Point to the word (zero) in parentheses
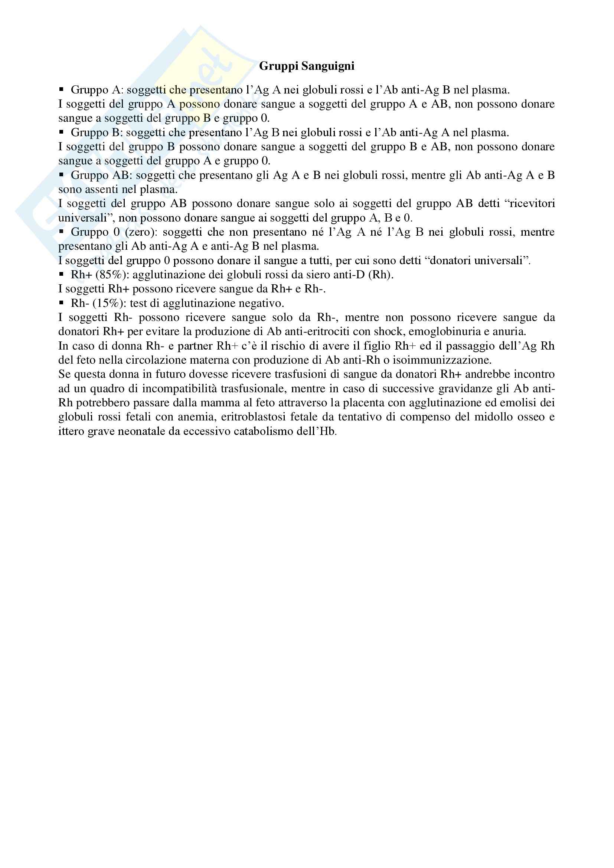(x=140, y=232)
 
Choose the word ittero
(x=71, y=431)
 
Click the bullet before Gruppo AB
(x=61, y=175)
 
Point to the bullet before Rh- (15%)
(x=61, y=303)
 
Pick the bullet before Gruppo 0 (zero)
(x=61, y=232)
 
